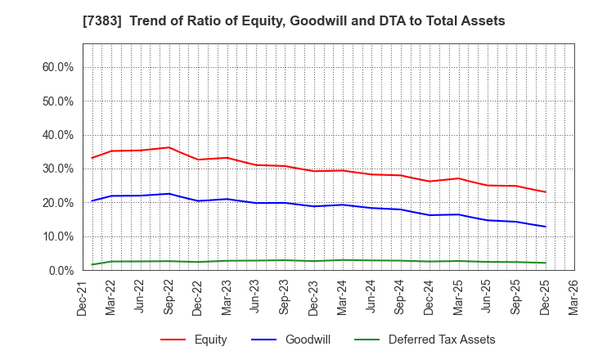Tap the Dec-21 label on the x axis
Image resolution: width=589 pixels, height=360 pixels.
point(83,297)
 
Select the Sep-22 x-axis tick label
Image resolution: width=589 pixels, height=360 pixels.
point(169,297)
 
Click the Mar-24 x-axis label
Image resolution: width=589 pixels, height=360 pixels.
point(343,297)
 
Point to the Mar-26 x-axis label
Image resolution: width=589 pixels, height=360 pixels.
point(574,297)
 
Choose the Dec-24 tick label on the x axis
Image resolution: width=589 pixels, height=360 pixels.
point(429,297)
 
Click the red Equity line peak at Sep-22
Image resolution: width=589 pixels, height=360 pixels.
point(169,147)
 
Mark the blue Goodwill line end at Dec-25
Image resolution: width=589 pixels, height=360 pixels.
point(546,227)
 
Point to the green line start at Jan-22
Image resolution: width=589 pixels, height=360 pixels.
point(92,264)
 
